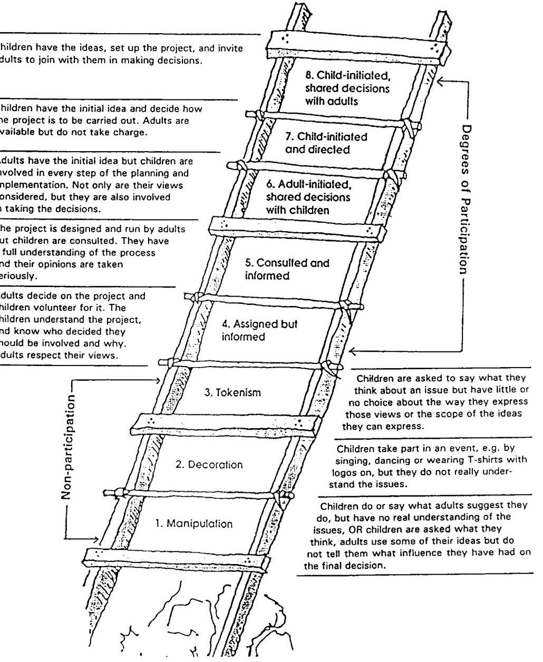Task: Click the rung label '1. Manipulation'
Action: click(193, 523)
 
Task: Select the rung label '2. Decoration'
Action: click(209, 465)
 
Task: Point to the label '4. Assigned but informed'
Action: click(259, 330)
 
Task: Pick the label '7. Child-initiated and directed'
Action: click(326, 143)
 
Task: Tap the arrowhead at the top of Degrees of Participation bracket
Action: click(441, 81)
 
